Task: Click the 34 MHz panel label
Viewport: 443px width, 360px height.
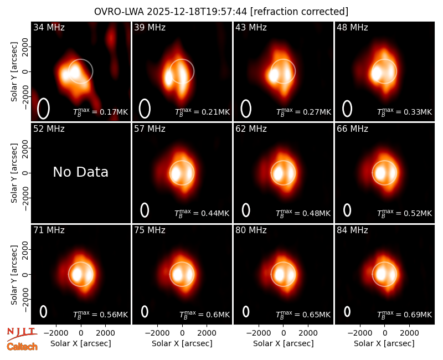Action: coord(49,27)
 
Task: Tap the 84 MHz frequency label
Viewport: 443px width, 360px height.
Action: coord(352,230)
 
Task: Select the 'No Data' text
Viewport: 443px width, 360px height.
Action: coord(81,172)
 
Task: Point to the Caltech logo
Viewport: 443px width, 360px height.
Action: coord(22,347)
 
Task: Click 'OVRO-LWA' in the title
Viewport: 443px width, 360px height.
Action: coord(119,12)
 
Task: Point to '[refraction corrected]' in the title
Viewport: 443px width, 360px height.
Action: coord(299,12)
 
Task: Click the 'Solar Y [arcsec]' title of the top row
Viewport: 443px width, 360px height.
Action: coord(14,72)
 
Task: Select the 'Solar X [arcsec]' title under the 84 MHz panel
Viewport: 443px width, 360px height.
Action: coord(384,343)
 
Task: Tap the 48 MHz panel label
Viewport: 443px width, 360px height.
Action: coord(352,27)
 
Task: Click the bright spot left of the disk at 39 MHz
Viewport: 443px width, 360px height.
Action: coord(168,78)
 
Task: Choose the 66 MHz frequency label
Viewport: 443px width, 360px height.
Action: coord(352,129)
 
